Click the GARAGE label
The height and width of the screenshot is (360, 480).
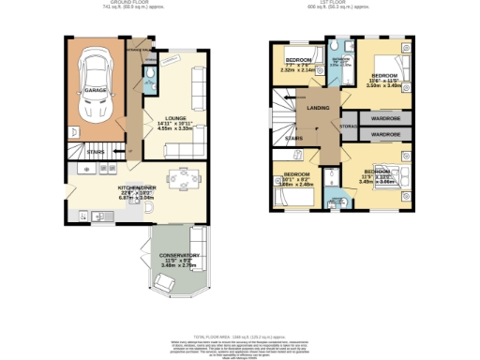(96, 89)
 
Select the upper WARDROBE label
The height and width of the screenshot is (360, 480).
(386, 119)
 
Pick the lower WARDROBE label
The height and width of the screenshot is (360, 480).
(386, 135)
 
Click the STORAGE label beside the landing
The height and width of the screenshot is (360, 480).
(348, 126)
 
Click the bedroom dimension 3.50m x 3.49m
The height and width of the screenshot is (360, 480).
(383, 85)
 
